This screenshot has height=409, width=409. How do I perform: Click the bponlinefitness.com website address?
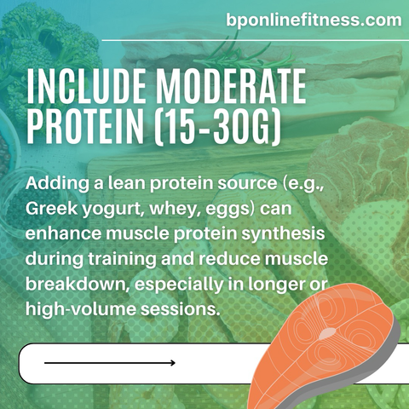pos(314,20)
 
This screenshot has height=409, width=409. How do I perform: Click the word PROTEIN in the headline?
pos(85,127)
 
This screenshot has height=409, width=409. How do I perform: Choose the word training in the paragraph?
pos(122,260)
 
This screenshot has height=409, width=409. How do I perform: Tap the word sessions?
pos(181,309)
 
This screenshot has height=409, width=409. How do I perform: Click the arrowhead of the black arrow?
pos(173,363)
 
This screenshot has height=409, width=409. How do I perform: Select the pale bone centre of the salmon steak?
pos(327,334)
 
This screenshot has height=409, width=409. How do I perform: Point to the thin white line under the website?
pos(255,40)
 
